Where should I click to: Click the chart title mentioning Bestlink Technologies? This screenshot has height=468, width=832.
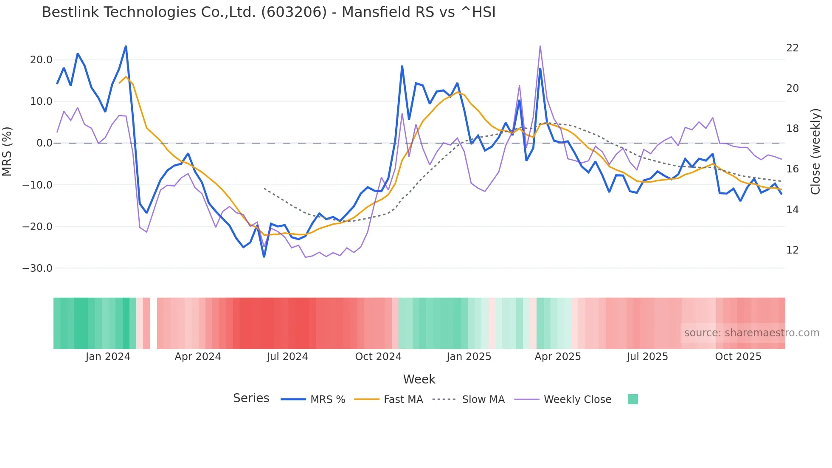pos(268,12)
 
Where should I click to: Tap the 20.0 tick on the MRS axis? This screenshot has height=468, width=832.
pos(41,60)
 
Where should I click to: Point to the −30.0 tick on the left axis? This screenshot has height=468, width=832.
pos(37,268)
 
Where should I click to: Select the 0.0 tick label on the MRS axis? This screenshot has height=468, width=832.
pos(44,143)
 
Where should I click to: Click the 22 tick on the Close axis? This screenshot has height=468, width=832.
pos(793,48)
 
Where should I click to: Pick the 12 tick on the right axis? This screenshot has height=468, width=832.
pos(793,250)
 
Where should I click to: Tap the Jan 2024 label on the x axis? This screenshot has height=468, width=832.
pos(108,357)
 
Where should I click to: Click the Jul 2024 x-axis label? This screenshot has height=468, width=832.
pos(287,357)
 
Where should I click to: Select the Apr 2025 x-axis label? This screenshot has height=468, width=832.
pos(557,357)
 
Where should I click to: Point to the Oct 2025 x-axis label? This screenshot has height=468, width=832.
pos(738,357)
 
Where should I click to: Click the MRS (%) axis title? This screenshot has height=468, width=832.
pos(7,151)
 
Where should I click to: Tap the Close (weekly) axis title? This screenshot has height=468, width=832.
pos(815,151)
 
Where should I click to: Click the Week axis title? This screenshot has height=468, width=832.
pos(419,379)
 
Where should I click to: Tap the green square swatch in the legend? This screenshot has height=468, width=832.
pos(632,399)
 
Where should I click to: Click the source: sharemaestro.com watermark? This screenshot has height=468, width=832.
pos(751,333)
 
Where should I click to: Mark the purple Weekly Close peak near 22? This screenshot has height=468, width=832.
pos(540,46)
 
